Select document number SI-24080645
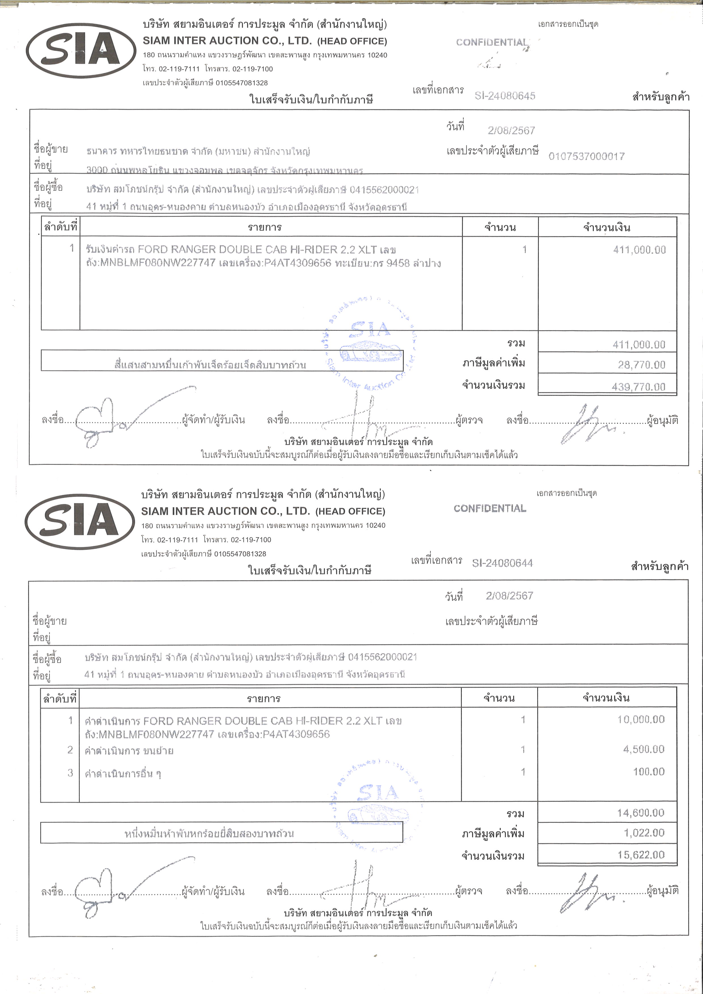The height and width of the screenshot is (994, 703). pyautogui.click(x=505, y=96)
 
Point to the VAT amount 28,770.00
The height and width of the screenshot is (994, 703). pyautogui.click(x=641, y=365)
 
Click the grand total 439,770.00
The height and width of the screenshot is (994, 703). pyautogui.click(x=638, y=387)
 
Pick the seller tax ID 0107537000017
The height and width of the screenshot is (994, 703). pyautogui.click(x=586, y=156)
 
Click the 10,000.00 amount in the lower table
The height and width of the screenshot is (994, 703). pyautogui.click(x=641, y=720)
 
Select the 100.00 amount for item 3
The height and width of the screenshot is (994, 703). pyautogui.click(x=649, y=772)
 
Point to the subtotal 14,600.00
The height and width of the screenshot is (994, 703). pyautogui.click(x=640, y=813)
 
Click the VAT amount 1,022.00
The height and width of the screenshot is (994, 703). pyautogui.click(x=644, y=832)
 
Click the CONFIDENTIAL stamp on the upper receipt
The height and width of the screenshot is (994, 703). pyautogui.click(x=492, y=43)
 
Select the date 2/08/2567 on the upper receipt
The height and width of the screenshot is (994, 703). pyautogui.click(x=511, y=130)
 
